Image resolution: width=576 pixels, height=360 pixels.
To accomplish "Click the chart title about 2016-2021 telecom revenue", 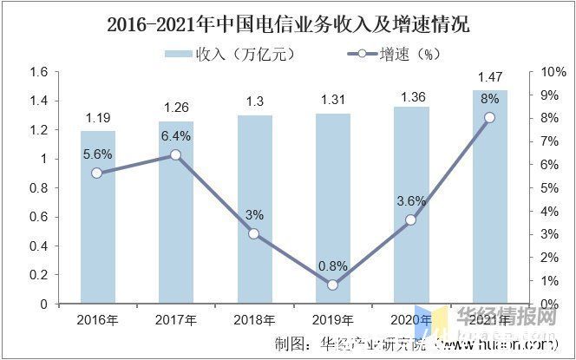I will [x=287, y=23].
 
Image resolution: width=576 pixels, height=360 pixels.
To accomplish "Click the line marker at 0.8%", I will [x=332, y=285].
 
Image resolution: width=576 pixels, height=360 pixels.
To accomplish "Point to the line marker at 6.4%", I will [x=175, y=154].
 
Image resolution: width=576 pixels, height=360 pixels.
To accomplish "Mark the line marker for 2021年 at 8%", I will [x=490, y=117].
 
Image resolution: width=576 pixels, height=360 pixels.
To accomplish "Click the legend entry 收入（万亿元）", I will [x=230, y=54].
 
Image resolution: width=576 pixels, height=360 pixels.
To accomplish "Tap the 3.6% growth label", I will [x=410, y=201].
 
